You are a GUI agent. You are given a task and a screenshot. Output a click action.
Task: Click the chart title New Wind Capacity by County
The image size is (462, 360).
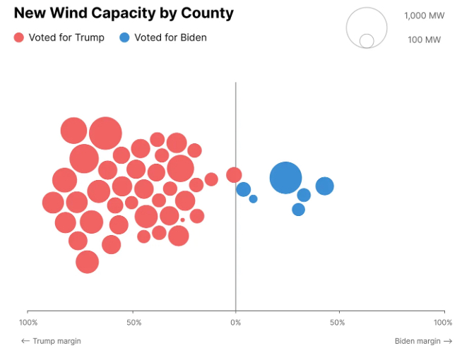pos(124,13)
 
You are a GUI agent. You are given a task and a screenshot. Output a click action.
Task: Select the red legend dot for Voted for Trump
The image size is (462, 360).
pos(19,37)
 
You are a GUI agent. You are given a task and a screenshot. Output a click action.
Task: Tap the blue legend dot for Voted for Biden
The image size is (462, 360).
pos(124,37)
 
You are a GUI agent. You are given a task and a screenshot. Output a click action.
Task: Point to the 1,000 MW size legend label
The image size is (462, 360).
pos(425,16)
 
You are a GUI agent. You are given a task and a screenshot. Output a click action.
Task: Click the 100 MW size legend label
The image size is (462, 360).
pos(424,40)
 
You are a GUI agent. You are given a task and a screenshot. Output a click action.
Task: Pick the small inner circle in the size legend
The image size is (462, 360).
pos(367,41)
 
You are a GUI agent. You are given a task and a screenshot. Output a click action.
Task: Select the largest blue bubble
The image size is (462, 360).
pos(285,177)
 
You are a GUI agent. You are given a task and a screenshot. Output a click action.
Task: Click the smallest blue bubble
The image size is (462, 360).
pos(253,199)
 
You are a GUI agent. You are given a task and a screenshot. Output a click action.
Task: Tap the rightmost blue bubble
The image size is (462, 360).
pos(324,186)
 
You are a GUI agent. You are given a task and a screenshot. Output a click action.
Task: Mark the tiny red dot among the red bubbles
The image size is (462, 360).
pos(182,220)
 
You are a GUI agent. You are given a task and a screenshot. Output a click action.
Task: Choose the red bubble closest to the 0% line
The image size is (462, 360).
pos(234,174)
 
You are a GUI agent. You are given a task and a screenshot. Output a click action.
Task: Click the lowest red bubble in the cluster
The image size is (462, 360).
pos(87,262)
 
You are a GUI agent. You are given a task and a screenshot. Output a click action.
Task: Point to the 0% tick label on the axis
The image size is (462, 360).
pos(235,323)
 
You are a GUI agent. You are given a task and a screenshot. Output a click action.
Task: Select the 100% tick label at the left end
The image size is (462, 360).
pos(28,323)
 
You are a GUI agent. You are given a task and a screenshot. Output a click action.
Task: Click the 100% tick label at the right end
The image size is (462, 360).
pos(443,323)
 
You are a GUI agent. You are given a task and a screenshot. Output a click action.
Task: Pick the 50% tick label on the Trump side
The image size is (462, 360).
pos(134,323)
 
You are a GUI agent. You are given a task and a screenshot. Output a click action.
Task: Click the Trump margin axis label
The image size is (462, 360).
pos(51,341)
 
